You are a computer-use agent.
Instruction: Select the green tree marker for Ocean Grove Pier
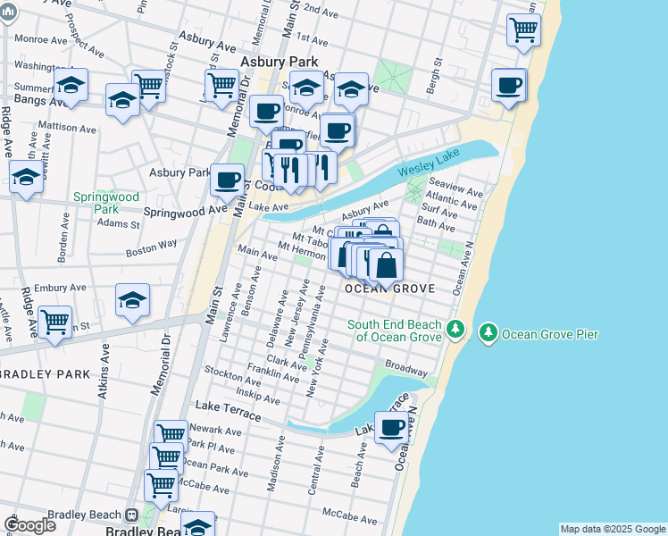coord(488,334)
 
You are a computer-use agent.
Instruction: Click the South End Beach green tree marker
coord(455,330)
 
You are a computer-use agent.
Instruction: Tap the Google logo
coord(29,524)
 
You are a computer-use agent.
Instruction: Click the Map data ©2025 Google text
coord(613,529)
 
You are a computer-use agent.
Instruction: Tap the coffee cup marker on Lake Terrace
coord(391,427)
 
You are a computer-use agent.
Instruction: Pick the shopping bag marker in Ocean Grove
coord(387,264)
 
